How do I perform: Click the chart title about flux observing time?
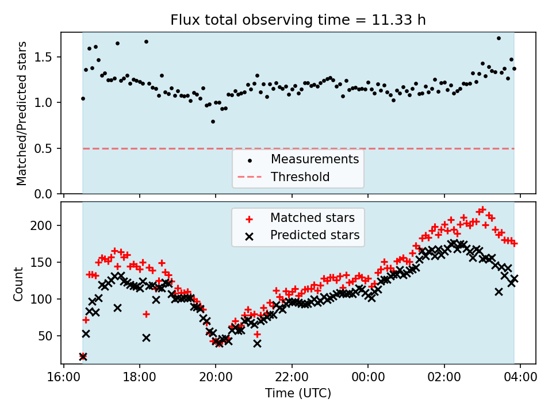tap(298, 20)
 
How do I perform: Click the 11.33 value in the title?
tap(395, 20)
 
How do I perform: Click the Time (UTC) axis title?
tap(298, 394)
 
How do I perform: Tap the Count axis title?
tap(19, 283)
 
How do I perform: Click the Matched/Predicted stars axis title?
tap(22, 113)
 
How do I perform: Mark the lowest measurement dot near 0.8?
tap(213, 121)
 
